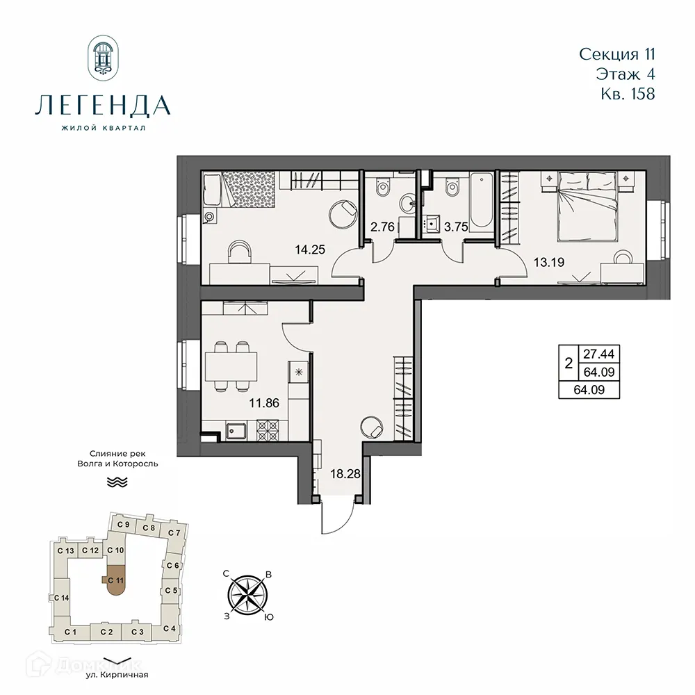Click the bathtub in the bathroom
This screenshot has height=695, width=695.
pos(481,202)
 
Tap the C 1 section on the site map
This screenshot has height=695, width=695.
pos(69,632)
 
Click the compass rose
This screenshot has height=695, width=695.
pos(248,595)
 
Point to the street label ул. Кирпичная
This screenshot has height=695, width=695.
pos(118,673)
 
